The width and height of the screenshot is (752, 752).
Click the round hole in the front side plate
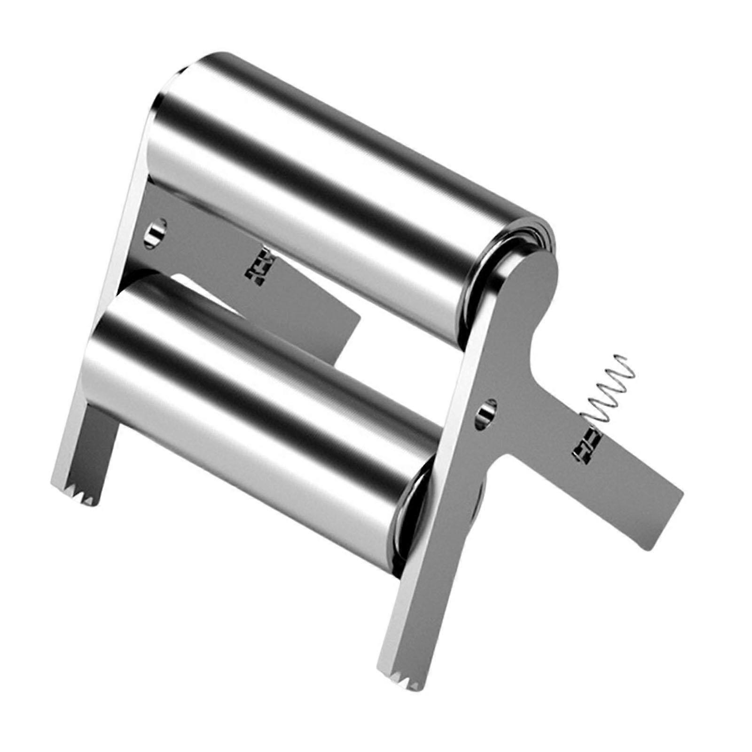(486, 413)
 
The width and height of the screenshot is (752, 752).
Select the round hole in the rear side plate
(156, 231)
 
